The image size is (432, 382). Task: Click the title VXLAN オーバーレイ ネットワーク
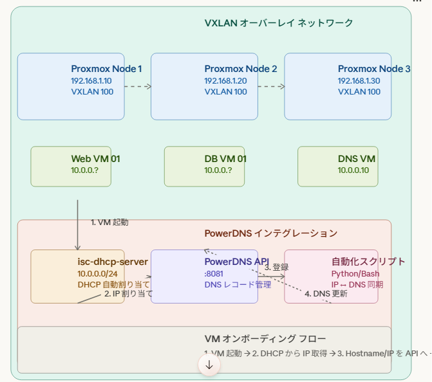[279, 23]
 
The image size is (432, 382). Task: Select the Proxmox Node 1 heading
[106, 69]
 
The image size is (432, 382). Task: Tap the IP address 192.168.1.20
[225, 81]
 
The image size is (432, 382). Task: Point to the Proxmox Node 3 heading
[374, 69]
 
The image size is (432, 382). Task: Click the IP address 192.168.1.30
[359, 81]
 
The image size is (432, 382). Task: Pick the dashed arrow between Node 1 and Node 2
[137, 86]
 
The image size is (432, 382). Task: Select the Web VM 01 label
[95, 159]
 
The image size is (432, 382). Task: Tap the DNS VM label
[357, 159]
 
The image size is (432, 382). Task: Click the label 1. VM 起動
[109, 223]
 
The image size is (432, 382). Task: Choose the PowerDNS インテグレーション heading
[270, 233]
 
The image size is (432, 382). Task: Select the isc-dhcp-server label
[113, 262]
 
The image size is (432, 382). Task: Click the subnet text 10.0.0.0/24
[97, 273]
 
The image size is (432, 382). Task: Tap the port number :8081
[214, 273]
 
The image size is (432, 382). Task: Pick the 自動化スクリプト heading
[368, 262]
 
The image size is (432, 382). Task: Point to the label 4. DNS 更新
[326, 294]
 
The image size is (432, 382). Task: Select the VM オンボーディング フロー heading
[265, 339]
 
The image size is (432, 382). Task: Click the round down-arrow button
[209, 365]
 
